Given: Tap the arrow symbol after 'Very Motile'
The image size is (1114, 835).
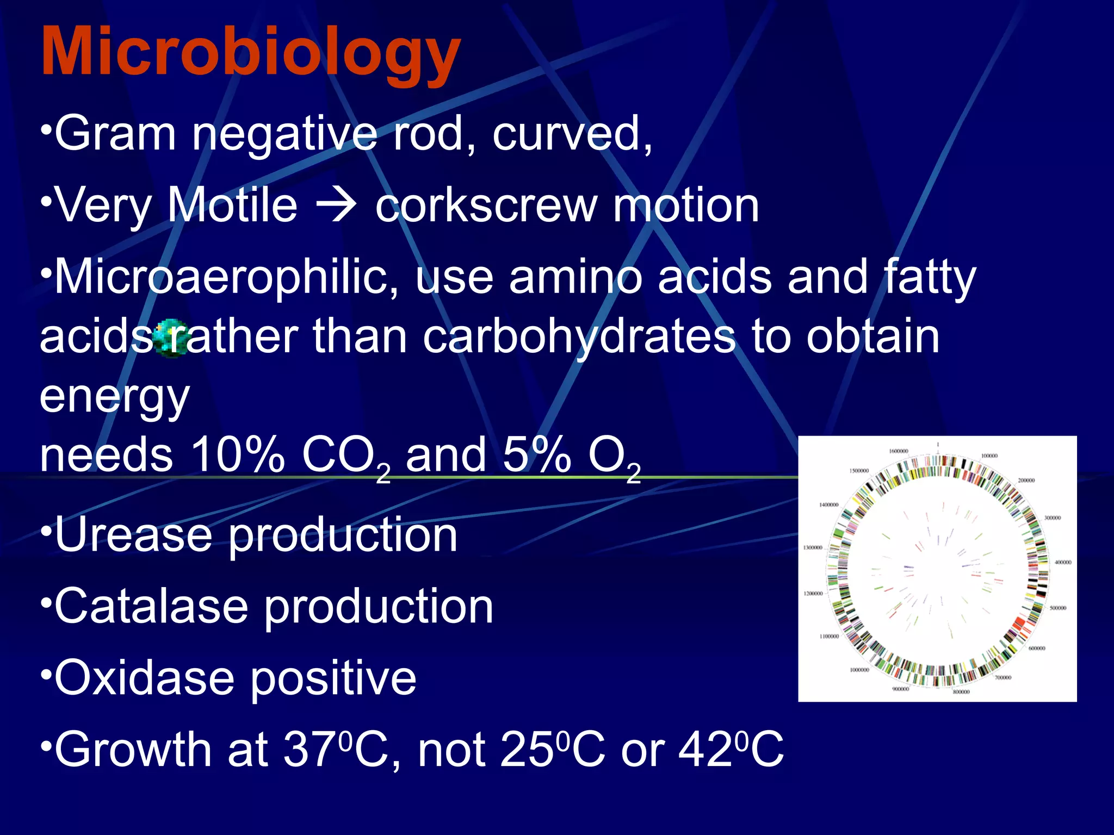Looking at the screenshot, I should click(337, 205).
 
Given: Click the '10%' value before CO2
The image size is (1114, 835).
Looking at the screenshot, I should click(237, 455).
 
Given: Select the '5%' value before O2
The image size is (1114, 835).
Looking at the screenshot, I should click(536, 455).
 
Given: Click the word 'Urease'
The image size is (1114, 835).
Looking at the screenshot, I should click(133, 535).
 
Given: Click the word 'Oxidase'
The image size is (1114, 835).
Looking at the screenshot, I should click(144, 678).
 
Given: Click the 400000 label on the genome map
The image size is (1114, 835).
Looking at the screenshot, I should click(1062, 563).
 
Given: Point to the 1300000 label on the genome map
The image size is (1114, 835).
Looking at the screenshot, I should click(813, 548).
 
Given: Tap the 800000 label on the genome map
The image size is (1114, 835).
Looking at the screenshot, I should click(961, 692).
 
